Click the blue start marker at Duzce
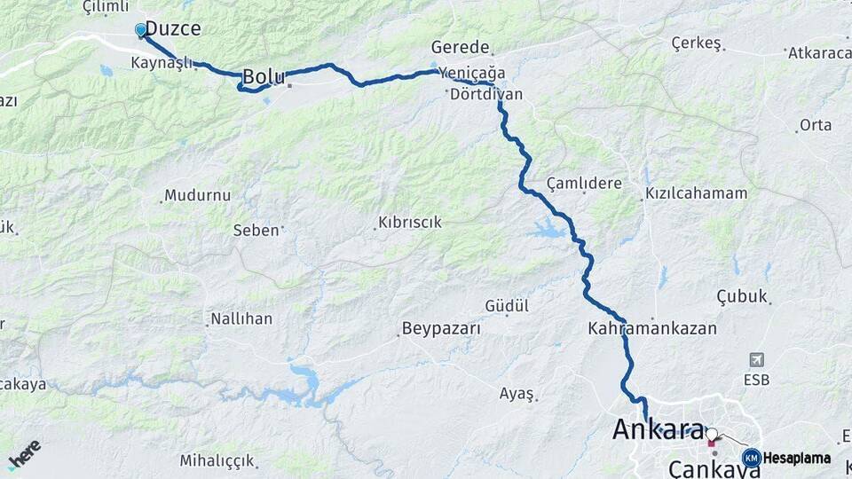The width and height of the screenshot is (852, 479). pos(140,30)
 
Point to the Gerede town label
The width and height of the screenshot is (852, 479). pos(460,47)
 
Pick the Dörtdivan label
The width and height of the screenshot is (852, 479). pos(486,93)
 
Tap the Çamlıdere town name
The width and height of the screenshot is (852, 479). pos(584,182)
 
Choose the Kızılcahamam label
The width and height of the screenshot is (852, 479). pos(696,192)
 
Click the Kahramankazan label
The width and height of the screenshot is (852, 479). pos(651,328)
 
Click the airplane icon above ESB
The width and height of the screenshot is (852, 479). pos(756,359)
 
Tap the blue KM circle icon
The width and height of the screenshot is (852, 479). pos(751,458)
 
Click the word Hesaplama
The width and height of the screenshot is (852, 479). pos(797,458)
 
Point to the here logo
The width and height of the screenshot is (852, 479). pos(24,454)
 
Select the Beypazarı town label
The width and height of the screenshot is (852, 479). pos(441,328)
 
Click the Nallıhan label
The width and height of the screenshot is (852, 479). pos(241,318)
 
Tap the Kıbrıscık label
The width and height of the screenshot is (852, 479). pos(410,222)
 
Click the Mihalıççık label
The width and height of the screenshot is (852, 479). pos(217,460)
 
